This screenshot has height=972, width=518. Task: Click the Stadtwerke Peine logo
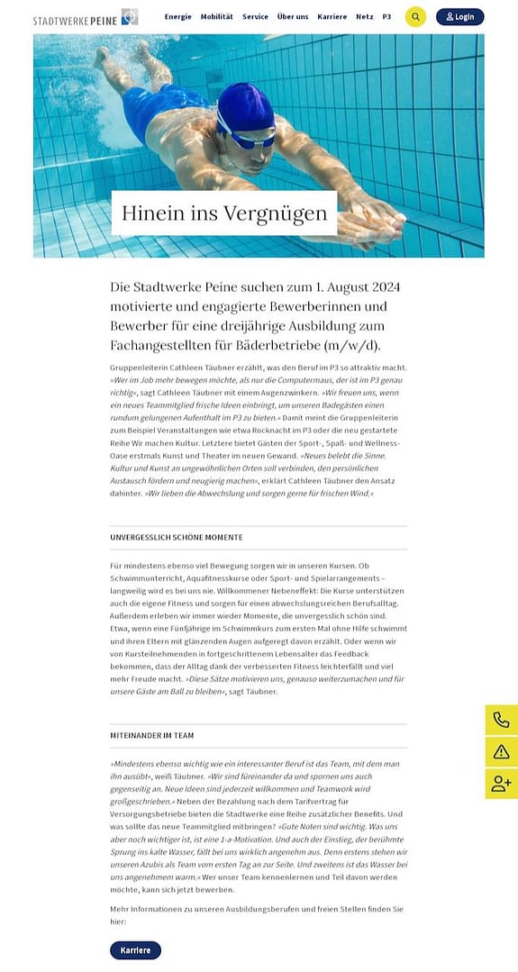point(86,17)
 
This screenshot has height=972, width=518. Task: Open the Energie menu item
point(177,17)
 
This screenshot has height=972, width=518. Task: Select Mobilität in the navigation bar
point(216,17)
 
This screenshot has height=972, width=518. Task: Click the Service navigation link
point(255,17)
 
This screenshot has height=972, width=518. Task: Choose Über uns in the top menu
point(293,17)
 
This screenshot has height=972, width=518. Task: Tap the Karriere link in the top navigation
point(332,17)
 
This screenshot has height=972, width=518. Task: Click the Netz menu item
point(364,17)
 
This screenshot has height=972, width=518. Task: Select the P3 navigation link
point(386,17)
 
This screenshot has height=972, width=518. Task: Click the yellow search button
point(415,17)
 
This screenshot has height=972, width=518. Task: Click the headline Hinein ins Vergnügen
point(224,213)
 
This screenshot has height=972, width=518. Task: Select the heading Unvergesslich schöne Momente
point(177,538)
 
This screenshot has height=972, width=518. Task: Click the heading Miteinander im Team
point(152,736)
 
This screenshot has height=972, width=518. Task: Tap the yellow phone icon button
point(501,720)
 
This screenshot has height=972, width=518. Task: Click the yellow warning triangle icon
point(501,751)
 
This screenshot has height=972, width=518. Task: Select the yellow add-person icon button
point(501,784)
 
